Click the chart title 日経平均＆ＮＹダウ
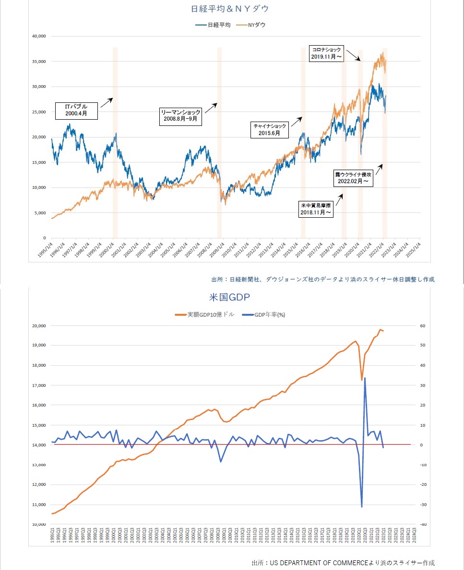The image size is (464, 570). pos(232,9)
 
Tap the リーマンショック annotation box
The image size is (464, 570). pos(180,116)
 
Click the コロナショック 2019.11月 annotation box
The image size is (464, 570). pos(326,53)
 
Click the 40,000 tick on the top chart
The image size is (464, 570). pos(38,36)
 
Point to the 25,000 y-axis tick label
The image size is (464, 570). pos(38,112)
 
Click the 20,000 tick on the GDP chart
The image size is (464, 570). pos(38,325)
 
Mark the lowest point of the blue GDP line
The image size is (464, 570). pos(362,507)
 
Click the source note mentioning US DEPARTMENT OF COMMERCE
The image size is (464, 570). pos(343,562)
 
